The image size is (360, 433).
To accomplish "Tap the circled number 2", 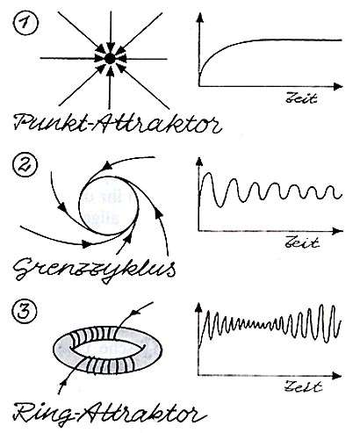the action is (25, 163).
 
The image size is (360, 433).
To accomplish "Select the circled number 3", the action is (25, 311).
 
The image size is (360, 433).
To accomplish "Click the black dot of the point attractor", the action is (110, 59).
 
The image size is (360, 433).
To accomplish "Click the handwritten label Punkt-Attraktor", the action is (117, 123).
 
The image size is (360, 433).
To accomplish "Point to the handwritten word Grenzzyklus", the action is (95, 270).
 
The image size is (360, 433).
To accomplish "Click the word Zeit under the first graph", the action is (301, 97).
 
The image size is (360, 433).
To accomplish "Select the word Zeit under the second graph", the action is (302, 242).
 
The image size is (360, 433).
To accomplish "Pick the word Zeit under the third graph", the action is (303, 386).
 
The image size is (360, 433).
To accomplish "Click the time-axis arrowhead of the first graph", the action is (338, 86).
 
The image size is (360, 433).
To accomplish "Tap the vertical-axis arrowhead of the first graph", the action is (200, 18).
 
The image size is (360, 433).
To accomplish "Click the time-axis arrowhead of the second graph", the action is (338, 231).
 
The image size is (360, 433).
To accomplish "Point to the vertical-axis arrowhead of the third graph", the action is (198, 307).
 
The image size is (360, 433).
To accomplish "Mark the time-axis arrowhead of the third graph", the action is (337, 376).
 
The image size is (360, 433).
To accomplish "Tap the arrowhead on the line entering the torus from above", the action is (134, 313).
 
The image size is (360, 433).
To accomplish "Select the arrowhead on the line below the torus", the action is (62, 382).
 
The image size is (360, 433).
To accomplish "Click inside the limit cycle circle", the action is (108, 206).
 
